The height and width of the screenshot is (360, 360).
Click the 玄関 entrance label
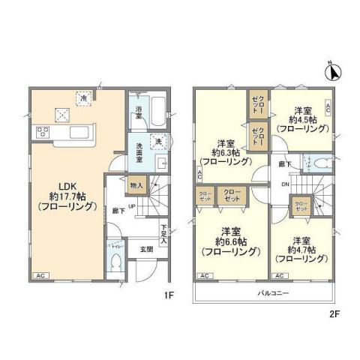tap(148, 250)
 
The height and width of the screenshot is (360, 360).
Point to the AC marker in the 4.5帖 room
tap(327, 106)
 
